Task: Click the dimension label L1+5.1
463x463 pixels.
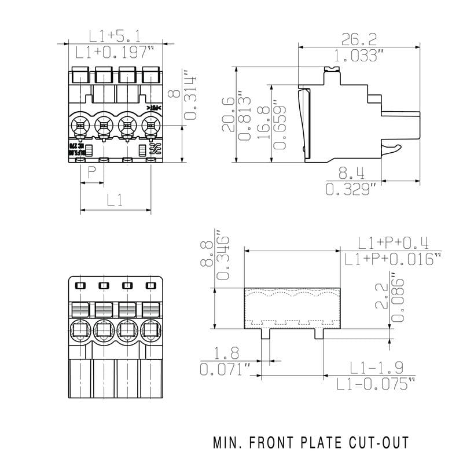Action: pyautogui.click(x=115, y=36)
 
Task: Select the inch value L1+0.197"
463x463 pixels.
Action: pyautogui.click(x=115, y=53)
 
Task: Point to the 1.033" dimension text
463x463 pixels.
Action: pyautogui.click(x=359, y=56)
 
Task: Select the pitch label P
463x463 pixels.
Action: pyautogui.click(x=91, y=172)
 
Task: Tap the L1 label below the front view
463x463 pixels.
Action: pyautogui.click(x=115, y=200)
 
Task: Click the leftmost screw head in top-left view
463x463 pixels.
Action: pyautogui.click(x=79, y=123)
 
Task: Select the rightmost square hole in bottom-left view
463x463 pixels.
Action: pyautogui.click(x=151, y=285)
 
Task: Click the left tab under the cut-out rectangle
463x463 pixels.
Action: pyautogui.click(x=266, y=333)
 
